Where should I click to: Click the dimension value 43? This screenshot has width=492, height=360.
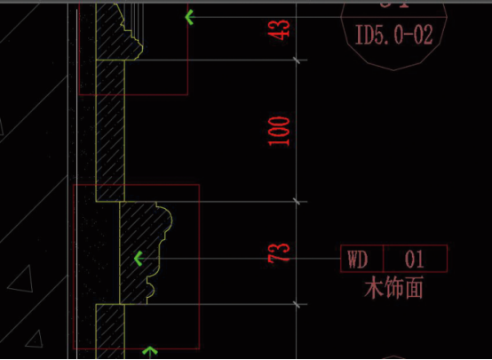point(282,30)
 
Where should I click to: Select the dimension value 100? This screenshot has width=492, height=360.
point(279,132)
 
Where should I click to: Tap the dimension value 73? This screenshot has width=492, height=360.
point(279,253)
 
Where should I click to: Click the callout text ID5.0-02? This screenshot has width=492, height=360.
point(393,35)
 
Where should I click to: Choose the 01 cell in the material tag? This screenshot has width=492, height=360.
point(415,259)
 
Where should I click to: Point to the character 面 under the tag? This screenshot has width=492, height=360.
point(413,287)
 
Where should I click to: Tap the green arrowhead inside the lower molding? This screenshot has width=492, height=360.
point(138,259)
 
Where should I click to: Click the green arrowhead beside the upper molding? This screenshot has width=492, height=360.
point(189,17)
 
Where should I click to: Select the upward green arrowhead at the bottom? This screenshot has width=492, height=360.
point(150,350)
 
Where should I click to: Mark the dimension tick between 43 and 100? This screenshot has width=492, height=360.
point(297,60)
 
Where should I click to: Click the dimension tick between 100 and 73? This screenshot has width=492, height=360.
point(297,202)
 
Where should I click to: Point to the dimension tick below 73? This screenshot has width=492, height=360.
point(297,304)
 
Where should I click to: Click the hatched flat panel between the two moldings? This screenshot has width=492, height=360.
point(110,131)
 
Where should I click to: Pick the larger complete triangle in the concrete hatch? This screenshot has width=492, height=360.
point(21,281)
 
